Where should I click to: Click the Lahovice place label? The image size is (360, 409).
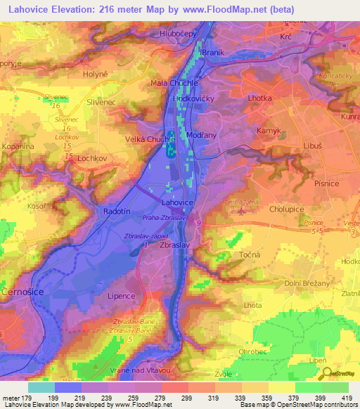pyautogui.click(x=176, y=202)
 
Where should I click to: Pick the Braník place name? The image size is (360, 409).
pyautogui.click(x=212, y=53)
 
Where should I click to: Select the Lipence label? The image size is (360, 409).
pyautogui.click(x=120, y=297)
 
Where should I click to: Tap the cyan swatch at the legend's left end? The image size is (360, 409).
pyautogui.click(x=41, y=387)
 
